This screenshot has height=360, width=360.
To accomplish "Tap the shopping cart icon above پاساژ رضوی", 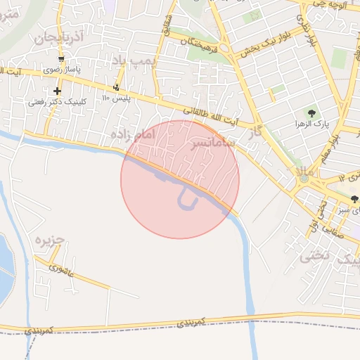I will pos(61,59).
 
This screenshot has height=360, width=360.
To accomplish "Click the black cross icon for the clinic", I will pos(57,91).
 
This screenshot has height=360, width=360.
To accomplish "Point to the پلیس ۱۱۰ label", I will pos(117,98).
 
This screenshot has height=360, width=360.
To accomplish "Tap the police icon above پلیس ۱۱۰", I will pos(116,87).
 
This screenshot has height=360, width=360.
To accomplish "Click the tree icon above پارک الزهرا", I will pos(311,112).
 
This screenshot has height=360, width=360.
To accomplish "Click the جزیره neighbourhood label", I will pos(50,240).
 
